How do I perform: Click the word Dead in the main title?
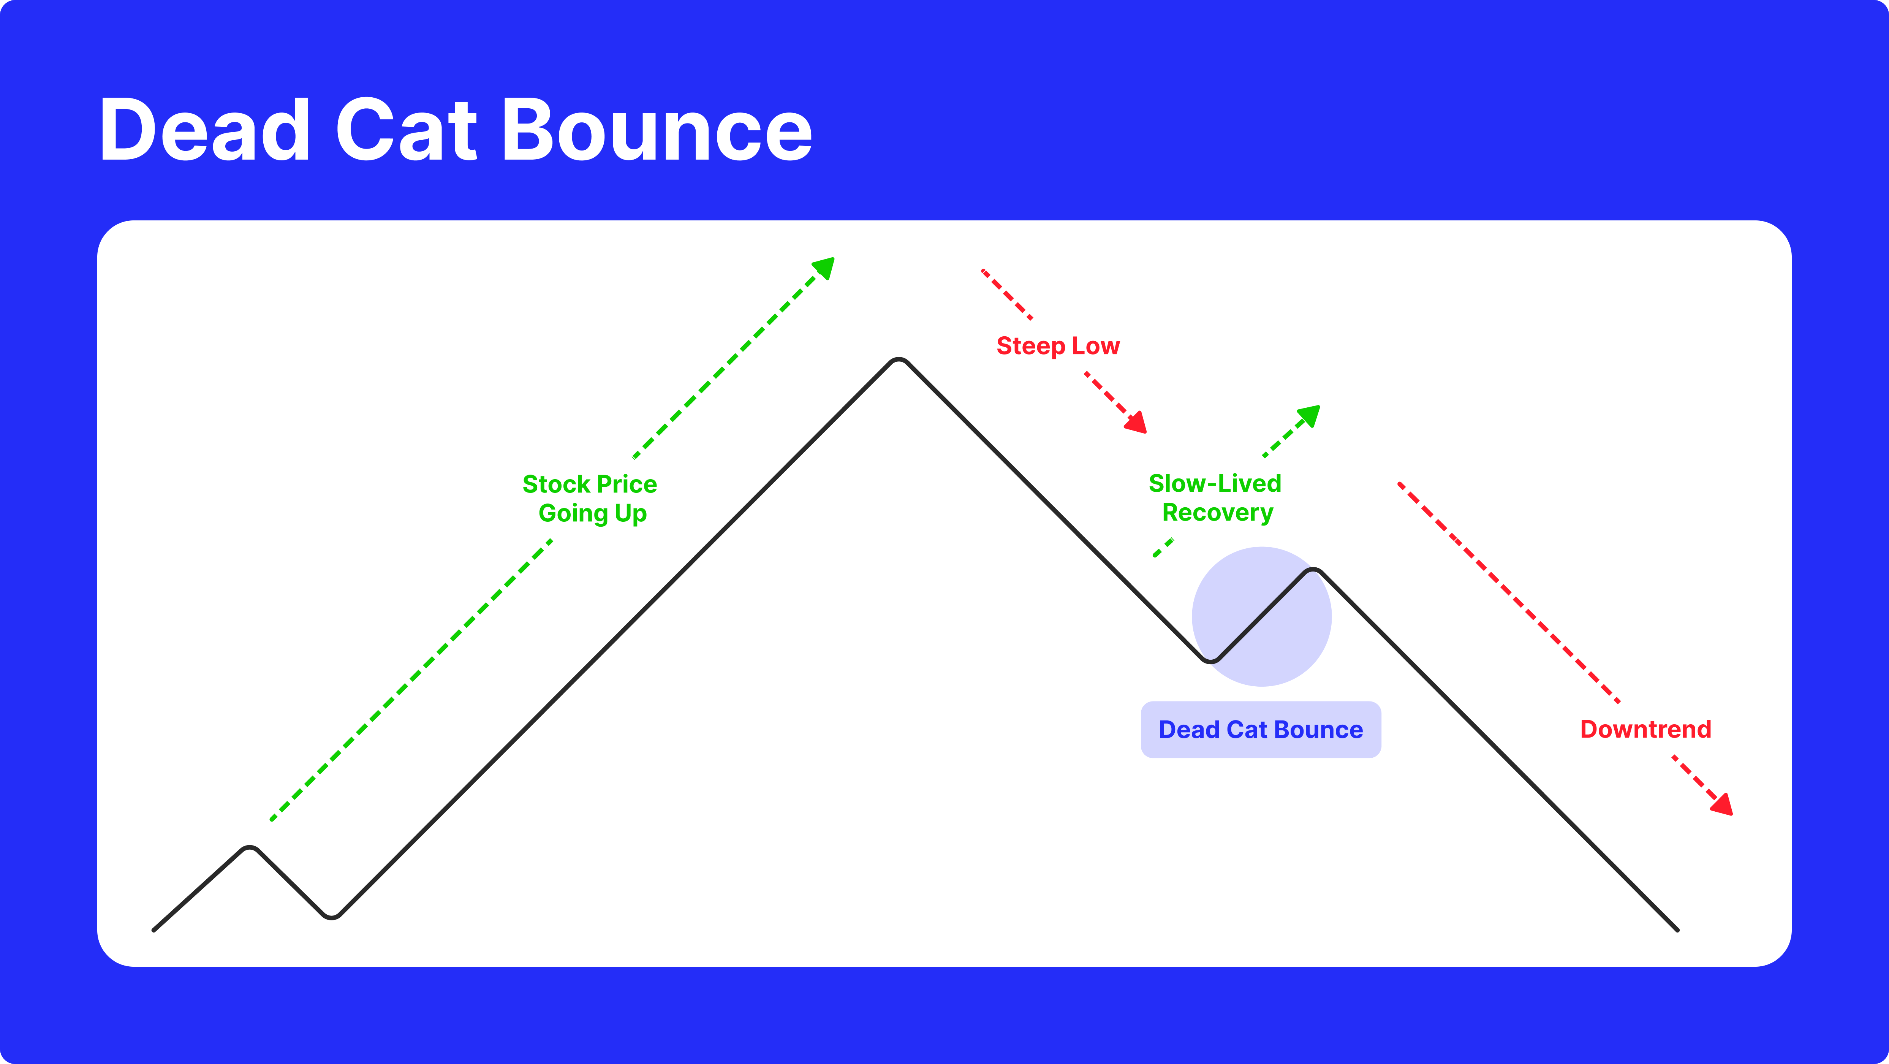205,130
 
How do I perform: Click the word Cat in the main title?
407,130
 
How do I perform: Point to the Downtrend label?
1645,730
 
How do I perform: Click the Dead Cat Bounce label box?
1261,730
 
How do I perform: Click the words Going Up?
593,513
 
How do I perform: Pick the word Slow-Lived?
1214,484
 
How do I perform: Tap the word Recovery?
1217,513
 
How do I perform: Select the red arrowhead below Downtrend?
1723,805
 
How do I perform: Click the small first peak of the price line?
250,849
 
